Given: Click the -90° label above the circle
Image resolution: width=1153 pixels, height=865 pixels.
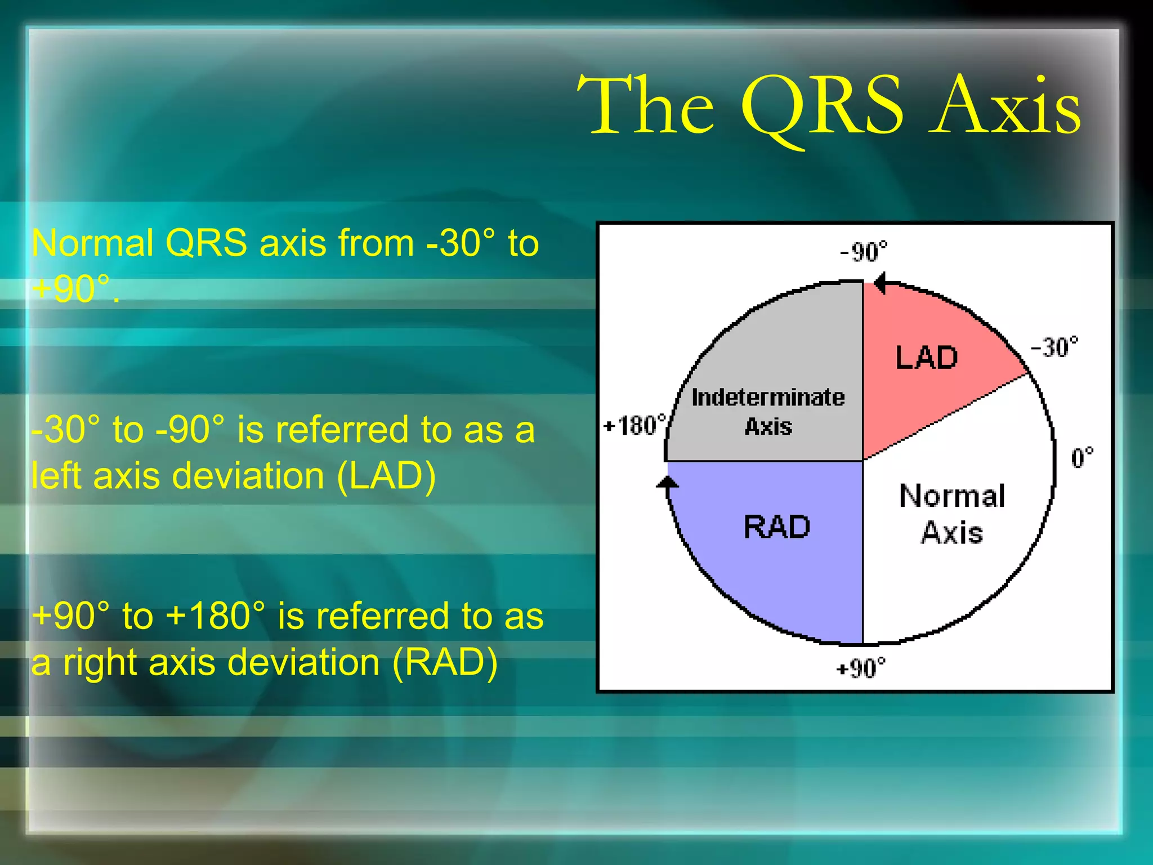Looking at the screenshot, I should [x=863, y=252].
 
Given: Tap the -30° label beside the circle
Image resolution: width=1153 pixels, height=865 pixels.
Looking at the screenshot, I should [x=1054, y=347].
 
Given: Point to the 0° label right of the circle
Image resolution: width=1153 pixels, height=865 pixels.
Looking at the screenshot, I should [x=1082, y=458].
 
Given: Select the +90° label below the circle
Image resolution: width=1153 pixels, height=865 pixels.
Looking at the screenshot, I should [x=860, y=668].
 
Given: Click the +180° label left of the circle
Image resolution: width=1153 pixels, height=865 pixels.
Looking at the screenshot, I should [x=634, y=425].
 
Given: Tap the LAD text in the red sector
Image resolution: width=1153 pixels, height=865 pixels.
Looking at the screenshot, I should [x=926, y=358].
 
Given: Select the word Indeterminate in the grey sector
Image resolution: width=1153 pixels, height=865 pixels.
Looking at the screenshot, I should [x=768, y=398].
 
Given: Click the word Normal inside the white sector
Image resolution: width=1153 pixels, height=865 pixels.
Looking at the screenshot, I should [x=952, y=496].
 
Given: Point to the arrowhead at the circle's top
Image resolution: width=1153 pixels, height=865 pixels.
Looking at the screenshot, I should [x=880, y=283].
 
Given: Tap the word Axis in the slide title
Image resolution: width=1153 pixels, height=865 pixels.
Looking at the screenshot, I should [x=1004, y=107].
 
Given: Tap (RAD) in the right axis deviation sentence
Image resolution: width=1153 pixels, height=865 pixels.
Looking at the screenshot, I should [x=444, y=662].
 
